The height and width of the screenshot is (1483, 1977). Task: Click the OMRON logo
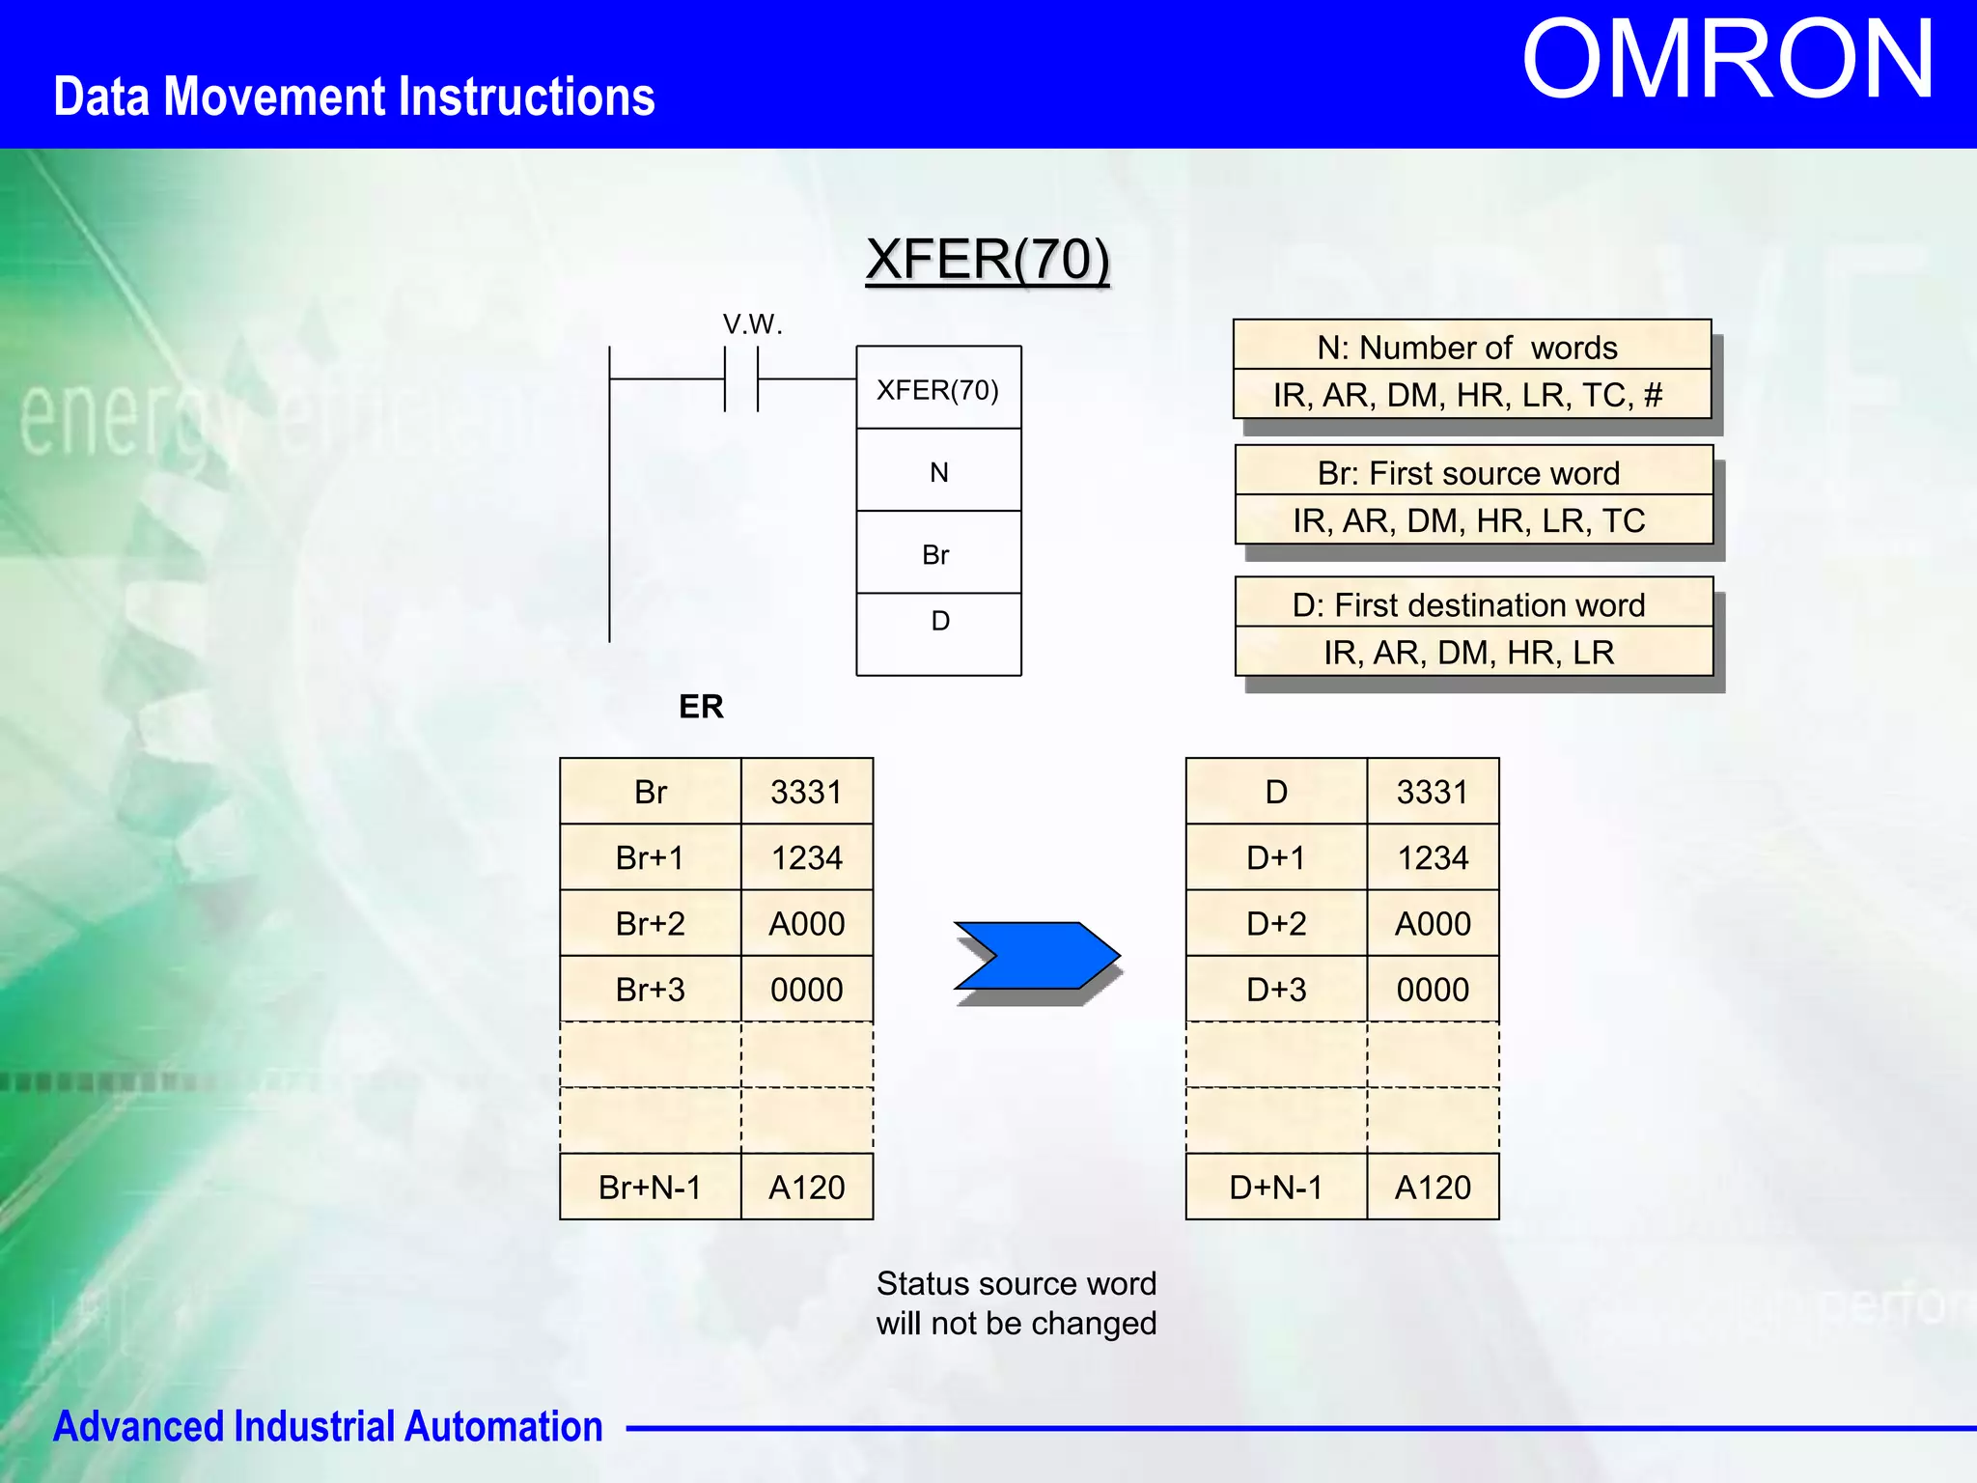point(1727,61)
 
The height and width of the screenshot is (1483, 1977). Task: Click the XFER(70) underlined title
point(987,260)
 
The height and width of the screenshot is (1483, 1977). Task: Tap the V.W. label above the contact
point(752,324)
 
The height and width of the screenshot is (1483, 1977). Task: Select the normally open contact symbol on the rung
point(741,379)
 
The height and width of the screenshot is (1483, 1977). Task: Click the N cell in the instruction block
point(938,472)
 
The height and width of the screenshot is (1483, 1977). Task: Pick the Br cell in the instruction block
point(935,555)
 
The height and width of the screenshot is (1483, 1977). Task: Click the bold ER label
point(701,707)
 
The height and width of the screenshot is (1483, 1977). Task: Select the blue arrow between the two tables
point(1037,956)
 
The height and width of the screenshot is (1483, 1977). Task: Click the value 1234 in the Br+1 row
point(806,857)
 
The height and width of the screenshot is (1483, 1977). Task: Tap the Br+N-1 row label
point(650,1187)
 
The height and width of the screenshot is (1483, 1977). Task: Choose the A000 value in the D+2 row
point(1433,924)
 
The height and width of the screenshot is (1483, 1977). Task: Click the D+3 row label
point(1275,990)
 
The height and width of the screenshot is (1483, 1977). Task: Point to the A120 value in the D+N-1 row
point(1433,1187)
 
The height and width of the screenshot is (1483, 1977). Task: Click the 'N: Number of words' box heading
point(1467,348)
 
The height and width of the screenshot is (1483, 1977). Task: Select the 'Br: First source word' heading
point(1468,473)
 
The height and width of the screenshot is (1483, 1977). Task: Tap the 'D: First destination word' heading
point(1468,605)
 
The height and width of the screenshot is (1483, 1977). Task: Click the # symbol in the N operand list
point(1653,395)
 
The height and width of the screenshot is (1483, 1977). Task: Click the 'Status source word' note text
point(1016,1284)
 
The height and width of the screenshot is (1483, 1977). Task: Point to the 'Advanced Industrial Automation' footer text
point(327,1427)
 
